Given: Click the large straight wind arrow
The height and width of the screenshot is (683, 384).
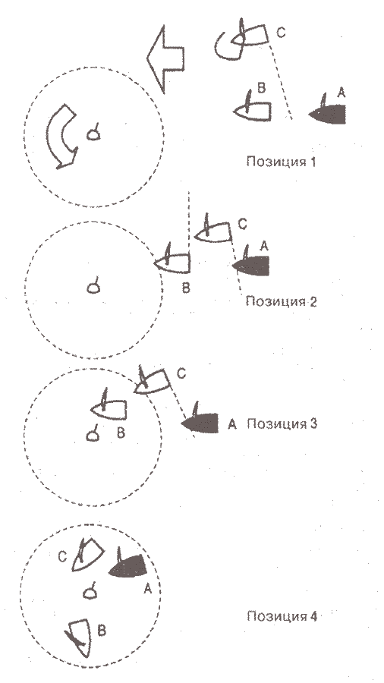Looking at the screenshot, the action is [x=165, y=58].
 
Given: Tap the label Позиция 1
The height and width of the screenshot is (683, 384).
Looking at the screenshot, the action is [x=280, y=162].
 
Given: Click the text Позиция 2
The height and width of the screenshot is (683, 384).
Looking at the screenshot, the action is [x=282, y=301].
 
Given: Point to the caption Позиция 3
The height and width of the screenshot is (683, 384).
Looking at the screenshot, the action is [x=282, y=423].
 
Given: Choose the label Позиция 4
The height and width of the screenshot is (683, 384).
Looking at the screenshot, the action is [x=282, y=616].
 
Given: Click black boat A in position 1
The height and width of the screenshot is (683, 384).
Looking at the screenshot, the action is [x=327, y=112].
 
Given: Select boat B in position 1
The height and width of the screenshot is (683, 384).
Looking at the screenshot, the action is [x=253, y=109].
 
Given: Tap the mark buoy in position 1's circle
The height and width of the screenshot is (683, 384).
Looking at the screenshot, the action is [x=93, y=134].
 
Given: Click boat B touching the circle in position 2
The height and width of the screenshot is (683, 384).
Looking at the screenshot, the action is [x=172, y=260].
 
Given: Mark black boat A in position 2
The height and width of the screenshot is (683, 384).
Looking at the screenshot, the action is [x=250, y=263].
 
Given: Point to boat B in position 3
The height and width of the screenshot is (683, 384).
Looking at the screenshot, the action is [x=109, y=408].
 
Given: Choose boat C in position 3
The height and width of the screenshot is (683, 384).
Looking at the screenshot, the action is [x=152, y=380].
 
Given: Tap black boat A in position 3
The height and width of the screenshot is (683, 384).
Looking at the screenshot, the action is [x=200, y=420].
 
